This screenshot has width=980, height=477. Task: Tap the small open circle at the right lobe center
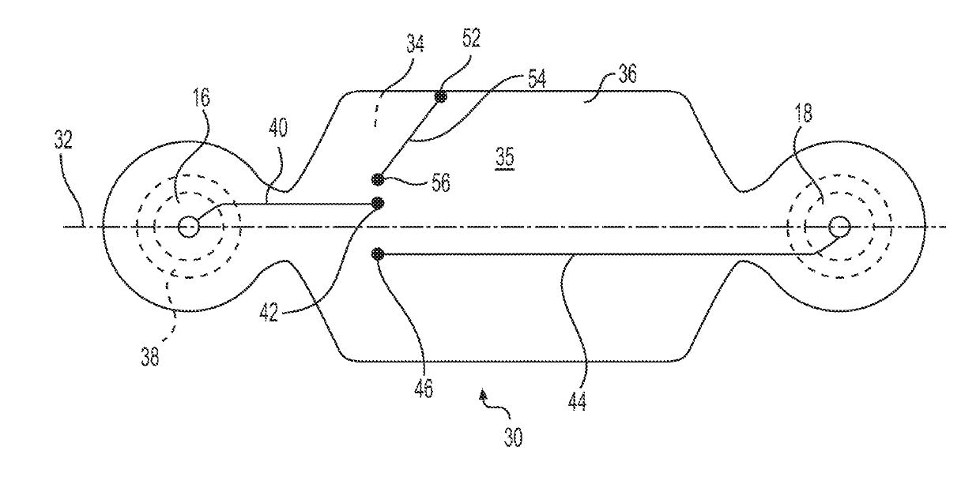tap(838, 227)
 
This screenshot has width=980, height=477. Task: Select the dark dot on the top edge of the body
tap(440, 97)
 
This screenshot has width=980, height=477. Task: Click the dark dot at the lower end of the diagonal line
tap(379, 178)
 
